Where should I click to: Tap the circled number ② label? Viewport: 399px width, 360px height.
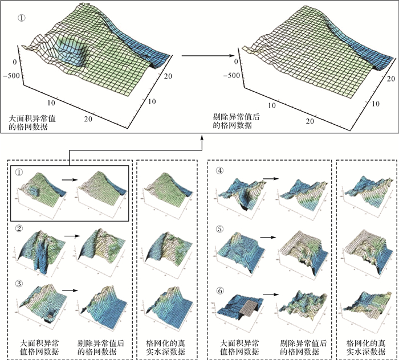[19, 229]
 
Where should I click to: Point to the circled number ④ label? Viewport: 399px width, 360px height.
[219, 170]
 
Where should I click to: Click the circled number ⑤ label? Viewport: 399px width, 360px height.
[219, 230]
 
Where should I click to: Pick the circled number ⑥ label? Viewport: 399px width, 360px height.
[219, 289]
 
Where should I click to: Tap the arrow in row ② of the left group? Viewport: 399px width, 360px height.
[71, 234]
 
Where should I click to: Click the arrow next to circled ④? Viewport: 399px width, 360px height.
[270, 178]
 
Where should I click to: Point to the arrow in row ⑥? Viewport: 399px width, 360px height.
[270, 294]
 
